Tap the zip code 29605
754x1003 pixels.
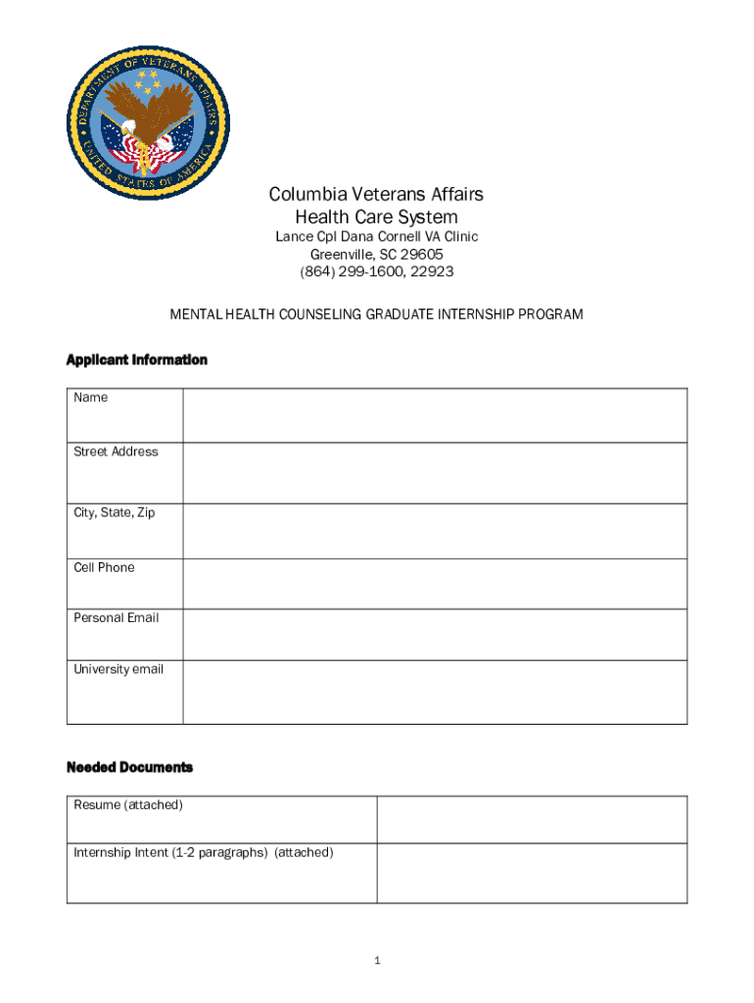[422, 255]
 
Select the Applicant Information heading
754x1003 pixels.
[136, 360]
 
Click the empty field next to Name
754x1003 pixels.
[435, 415]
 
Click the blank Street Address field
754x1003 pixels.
[435, 473]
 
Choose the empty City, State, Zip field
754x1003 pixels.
[435, 531]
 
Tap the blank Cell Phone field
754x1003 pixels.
[435, 584]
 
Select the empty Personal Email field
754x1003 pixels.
[435, 635]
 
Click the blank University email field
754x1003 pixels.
[435, 693]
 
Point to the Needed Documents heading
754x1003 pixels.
[129, 767]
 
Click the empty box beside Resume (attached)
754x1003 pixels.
[532, 819]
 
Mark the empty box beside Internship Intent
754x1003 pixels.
[532, 873]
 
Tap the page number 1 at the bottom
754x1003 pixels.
[376, 961]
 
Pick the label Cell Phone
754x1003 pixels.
[104, 567]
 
